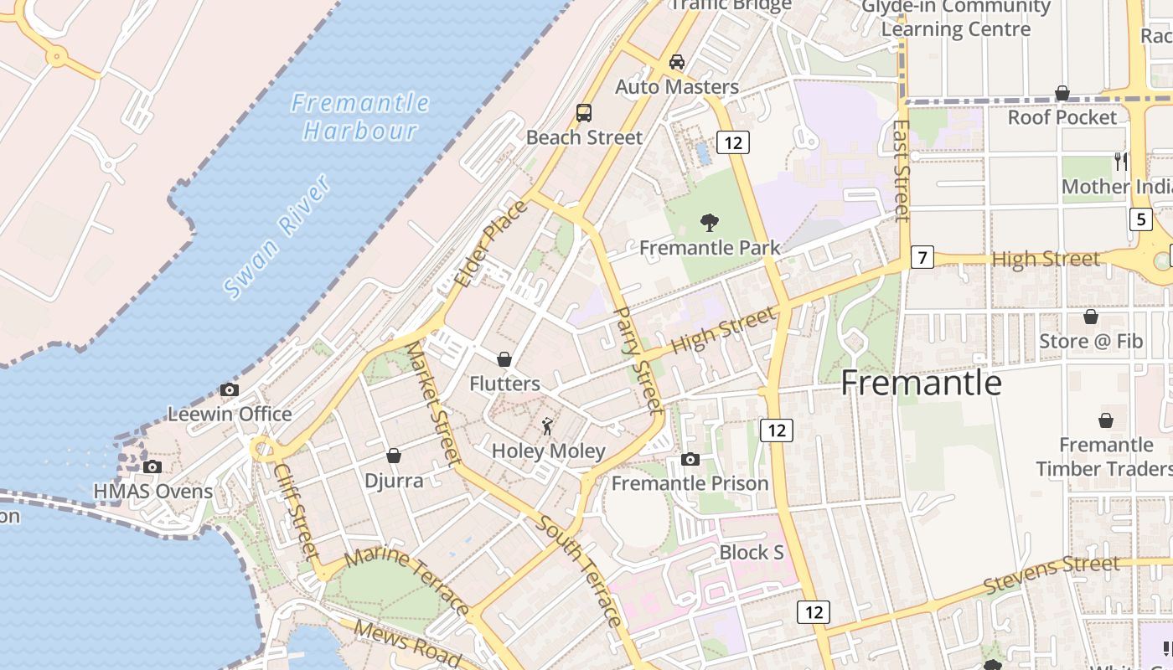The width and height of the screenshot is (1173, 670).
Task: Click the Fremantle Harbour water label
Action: pos(360,117)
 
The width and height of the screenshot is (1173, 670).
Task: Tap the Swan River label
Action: pos(277,237)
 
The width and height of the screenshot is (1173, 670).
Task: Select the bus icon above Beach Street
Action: pos(584,112)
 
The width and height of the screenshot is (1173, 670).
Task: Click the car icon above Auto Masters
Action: pos(677,61)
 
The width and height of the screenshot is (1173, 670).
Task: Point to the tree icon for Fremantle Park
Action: pos(710,223)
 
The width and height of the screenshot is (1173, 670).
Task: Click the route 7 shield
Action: pos(922,257)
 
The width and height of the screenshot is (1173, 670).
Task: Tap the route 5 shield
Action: pos(1139,219)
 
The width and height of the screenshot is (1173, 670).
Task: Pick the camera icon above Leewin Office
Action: pos(229,389)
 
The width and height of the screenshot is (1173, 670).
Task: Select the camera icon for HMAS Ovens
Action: pos(152,466)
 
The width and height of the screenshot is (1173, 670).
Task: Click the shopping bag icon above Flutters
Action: pos(504,359)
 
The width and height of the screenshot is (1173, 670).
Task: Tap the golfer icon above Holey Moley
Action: pos(548,426)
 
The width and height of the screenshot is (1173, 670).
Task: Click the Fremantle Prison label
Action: pos(690,483)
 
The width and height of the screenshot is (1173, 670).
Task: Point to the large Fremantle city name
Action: pos(921,383)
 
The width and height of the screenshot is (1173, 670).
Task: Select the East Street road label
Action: pos(902,171)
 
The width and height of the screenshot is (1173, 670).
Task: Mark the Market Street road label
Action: pos(433,404)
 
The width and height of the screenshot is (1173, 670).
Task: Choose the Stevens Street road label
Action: pos(1052,575)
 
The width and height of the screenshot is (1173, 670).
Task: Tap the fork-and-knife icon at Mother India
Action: pos(1120,161)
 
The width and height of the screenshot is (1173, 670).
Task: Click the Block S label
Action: pos(752,553)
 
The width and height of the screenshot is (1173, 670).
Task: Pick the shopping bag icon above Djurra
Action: pos(394,456)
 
